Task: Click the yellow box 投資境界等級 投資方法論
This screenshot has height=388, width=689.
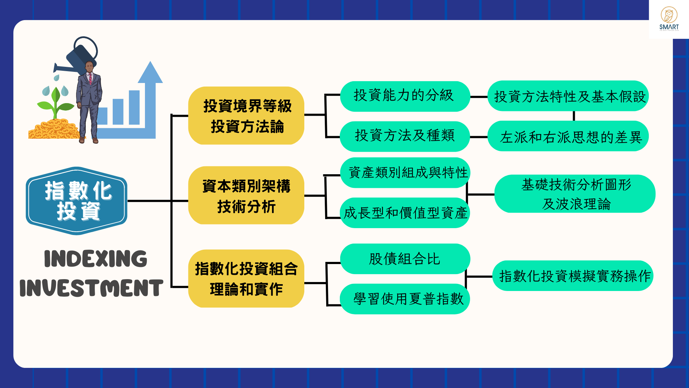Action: point(246,116)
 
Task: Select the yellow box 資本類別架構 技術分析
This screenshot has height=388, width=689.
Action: point(246,195)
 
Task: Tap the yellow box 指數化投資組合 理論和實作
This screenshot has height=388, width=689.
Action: point(246,278)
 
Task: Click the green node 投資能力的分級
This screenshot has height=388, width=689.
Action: point(405,96)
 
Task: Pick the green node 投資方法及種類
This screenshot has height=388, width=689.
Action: point(405,136)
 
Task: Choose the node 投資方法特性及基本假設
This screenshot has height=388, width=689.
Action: point(568,96)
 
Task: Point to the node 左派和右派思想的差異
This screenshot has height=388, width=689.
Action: point(568,137)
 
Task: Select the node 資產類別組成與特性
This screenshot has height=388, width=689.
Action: point(405,173)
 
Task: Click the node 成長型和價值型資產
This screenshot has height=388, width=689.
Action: point(405,213)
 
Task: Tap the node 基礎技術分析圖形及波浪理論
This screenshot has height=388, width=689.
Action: point(575,194)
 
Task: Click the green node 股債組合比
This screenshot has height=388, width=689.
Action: point(405,259)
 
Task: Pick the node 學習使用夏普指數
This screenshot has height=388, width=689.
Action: point(405,299)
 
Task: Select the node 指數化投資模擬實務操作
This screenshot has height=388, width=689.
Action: point(573,276)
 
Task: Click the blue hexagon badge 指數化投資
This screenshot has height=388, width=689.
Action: point(77,200)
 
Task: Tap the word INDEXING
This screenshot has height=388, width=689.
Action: point(95,259)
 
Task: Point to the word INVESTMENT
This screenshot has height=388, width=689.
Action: point(92,288)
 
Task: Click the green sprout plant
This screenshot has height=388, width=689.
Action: point(55,102)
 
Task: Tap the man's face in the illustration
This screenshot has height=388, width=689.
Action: point(89,68)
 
